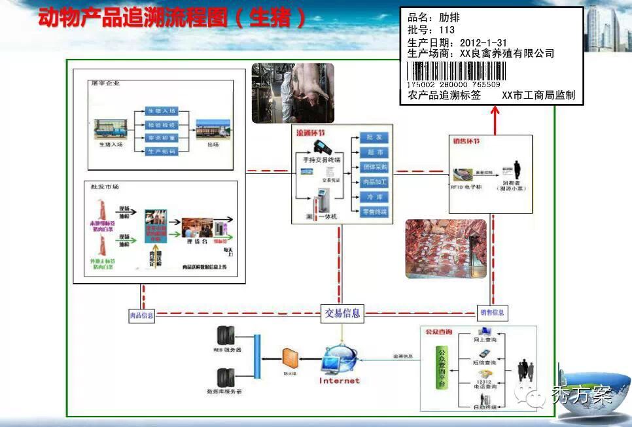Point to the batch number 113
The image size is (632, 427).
[448, 30]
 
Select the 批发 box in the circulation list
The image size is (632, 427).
[374, 138]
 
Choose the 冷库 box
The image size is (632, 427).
[374, 197]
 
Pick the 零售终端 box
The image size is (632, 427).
[374, 212]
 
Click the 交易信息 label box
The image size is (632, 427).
[342, 313]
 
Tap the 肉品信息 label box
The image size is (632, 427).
[141, 316]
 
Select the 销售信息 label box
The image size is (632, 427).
[492, 313]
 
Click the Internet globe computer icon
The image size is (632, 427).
[340, 360]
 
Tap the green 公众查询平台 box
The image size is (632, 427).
[443, 369]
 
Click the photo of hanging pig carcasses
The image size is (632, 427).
[292, 92]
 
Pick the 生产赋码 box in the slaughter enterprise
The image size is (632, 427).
[161, 152]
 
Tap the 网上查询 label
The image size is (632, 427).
[485, 341]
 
